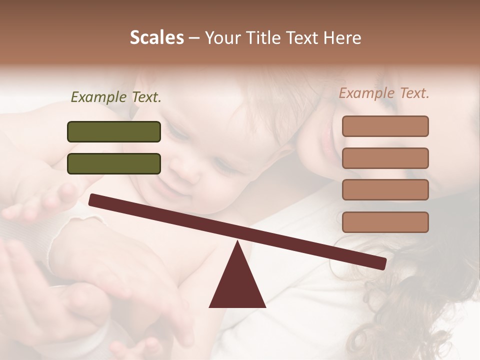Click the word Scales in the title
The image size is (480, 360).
tap(156, 37)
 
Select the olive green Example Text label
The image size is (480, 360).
tap(116, 97)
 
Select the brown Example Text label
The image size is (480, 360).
tap(384, 93)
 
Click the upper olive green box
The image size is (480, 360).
tap(114, 132)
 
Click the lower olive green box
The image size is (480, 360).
tap(114, 164)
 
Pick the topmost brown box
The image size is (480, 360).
tap(385, 126)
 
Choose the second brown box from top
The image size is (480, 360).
tap(385, 158)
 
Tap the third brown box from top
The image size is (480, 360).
tap(385, 190)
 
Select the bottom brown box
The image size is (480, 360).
tap(385, 222)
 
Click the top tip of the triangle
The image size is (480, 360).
tap(237, 242)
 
